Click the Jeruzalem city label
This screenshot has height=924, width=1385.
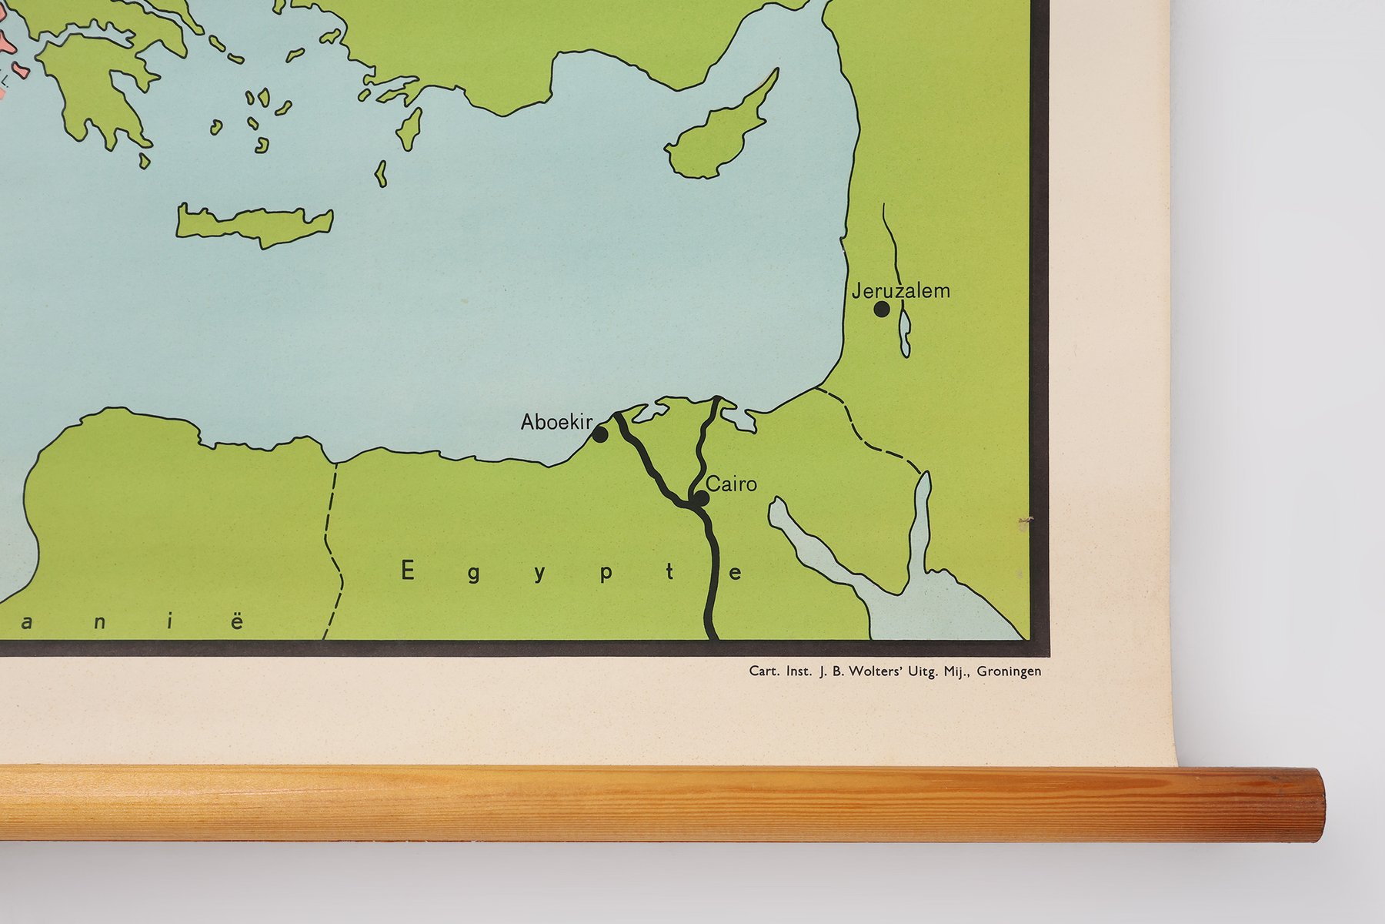900,291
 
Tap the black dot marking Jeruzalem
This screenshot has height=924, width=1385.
882,310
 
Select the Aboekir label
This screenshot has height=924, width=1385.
556,422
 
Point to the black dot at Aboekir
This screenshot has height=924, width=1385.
599,435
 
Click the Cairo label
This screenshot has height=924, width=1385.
731,484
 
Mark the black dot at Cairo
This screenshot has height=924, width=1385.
700,499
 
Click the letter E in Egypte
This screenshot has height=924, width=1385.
408,571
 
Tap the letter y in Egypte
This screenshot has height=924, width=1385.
540,574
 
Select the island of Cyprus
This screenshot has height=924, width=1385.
716,139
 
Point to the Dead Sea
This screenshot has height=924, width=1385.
905,333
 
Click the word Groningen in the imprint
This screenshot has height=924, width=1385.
1009,671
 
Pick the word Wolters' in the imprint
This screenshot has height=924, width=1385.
876,671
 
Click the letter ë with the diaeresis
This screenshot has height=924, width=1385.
237,621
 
